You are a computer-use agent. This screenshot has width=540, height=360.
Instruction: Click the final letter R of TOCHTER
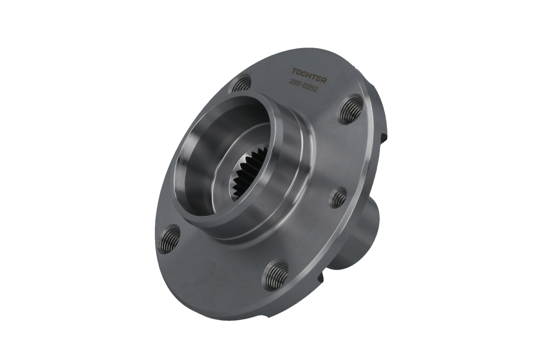click(x=324, y=80)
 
